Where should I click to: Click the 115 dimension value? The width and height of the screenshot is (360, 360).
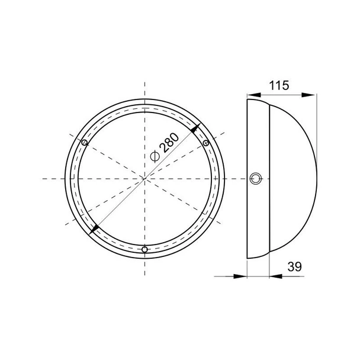point(278,85)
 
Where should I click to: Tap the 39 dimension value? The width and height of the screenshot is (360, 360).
point(294,267)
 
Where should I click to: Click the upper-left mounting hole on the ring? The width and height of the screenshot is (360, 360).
point(84,143)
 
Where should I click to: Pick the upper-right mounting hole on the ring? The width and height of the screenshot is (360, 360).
point(206,143)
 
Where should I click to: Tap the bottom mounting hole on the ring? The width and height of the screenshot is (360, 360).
point(145,249)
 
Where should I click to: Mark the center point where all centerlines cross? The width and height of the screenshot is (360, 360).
point(145,178)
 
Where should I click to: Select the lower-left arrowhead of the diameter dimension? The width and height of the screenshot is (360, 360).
point(94,229)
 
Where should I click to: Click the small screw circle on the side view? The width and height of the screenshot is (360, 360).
point(256,178)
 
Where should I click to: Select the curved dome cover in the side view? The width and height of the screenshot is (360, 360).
point(293,178)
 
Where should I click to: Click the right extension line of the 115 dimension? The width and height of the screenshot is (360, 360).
point(315,118)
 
